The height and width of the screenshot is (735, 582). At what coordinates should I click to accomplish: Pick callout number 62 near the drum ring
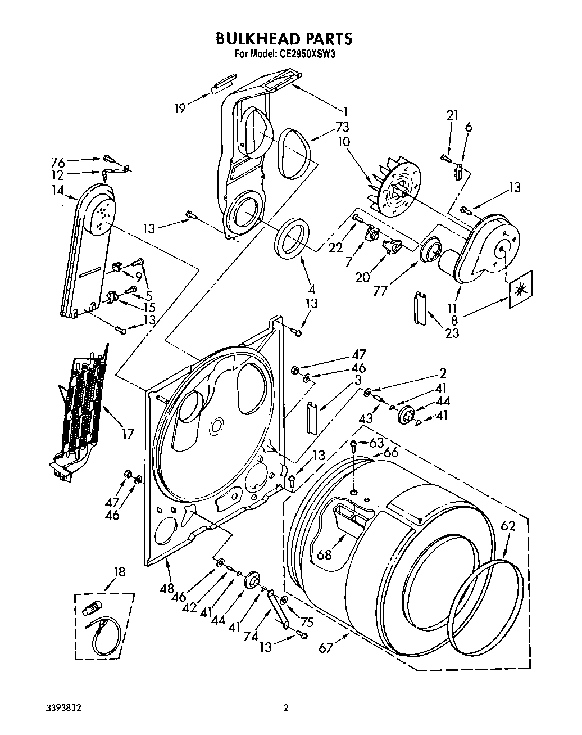tap(507, 527)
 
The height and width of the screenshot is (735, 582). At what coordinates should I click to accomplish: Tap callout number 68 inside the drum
tap(324, 554)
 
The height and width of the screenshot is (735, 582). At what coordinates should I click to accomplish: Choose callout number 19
tap(179, 108)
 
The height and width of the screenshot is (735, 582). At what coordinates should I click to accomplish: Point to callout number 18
tap(119, 572)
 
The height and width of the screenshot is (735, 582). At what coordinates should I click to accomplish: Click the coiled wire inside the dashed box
tap(104, 633)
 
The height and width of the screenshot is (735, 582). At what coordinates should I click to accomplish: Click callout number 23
tap(452, 332)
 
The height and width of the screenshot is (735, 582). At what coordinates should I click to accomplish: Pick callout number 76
tap(58, 163)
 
